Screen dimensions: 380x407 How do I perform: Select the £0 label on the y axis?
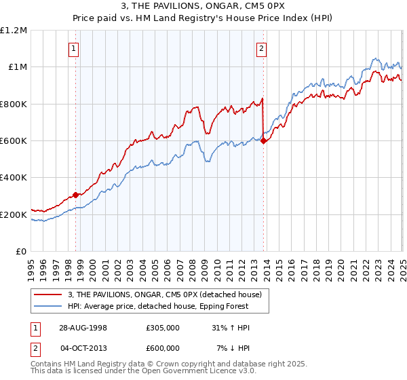[x=21, y=251]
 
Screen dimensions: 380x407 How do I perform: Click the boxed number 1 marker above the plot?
[x=73, y=48]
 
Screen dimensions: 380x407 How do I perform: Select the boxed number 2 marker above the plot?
[x=261, y=48]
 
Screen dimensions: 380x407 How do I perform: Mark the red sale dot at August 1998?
[x=76, y=195]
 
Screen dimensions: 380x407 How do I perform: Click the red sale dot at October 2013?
[x=264, y=140]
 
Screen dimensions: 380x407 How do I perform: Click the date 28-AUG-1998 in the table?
[x=79, y=328]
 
